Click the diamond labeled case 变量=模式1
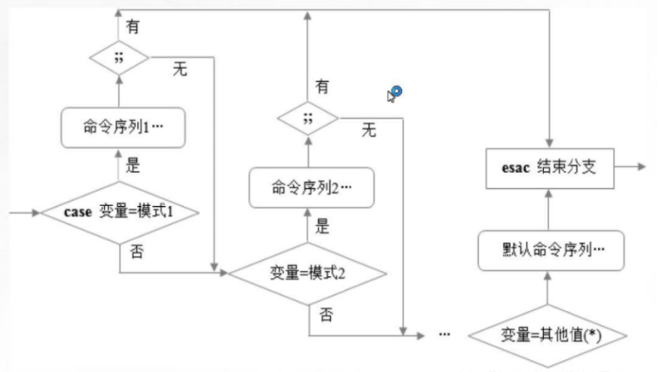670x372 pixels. point(119,211)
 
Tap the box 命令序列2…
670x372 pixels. point(309,187)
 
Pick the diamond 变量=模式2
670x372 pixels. point(309,272)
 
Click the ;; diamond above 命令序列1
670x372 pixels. point(120,58)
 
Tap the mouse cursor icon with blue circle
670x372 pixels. point(394,93)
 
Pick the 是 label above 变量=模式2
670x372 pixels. point(322,226)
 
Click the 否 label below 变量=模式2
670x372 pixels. point(326,314)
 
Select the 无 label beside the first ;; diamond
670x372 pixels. point(180,69)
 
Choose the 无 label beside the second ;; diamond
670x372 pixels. point(369,130)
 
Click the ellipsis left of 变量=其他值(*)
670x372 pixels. point(445,334)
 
